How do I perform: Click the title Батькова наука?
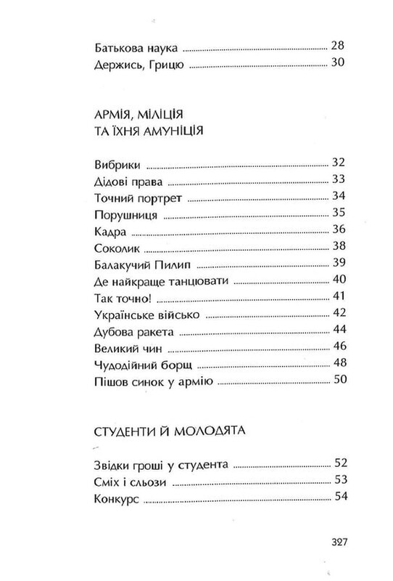136,48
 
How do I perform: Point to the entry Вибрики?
115,163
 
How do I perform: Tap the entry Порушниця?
122,215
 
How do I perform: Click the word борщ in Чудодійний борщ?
175,366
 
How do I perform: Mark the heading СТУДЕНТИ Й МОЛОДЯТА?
168,431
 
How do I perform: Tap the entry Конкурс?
116,497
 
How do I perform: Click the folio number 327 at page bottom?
340,541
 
